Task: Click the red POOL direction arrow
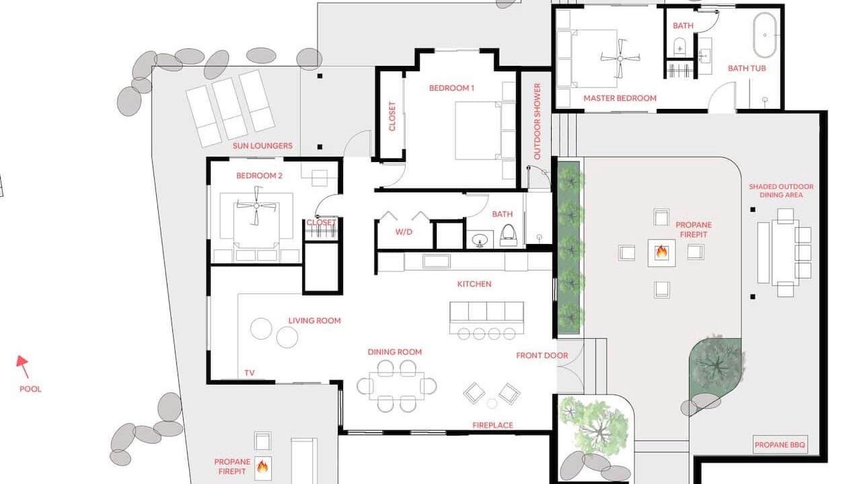[23, 366]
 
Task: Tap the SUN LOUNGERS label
[262, 146]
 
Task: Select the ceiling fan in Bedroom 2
[256, 206]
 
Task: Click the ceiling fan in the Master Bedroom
[620, 58]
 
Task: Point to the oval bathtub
[765, 35]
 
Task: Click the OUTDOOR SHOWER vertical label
[538, 121]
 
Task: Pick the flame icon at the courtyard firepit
[661, 252]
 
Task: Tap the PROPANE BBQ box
[780, 444]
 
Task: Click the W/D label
[404, 232]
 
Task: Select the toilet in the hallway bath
[509, 235]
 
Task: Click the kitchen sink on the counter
[436, 261]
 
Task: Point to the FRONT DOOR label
[542, 356]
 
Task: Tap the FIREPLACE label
[492, 425]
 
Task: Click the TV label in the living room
[250, 373]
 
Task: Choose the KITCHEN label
[474, 284]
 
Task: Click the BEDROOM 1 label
[451, 88]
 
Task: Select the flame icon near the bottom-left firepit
[262, 467]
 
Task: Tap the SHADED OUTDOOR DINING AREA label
[781, 191]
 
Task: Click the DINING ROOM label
[394, 352]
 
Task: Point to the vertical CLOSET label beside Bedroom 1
[392, 116]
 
